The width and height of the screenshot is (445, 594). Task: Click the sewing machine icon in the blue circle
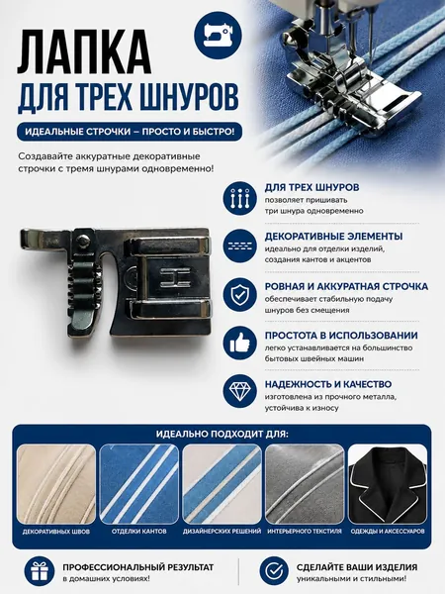tap(218, 36)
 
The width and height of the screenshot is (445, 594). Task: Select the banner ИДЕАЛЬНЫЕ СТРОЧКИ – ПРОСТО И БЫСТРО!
tap(130, 132)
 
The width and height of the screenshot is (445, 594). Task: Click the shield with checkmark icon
tap(239, 294)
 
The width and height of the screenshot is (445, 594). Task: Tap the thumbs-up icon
tap(239, 344)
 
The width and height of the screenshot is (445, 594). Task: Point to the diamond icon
tap(239, 391)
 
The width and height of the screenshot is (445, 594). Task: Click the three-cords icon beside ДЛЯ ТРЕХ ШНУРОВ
tap(239, 198)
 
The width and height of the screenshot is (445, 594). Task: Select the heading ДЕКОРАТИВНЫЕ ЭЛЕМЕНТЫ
tap(334, 237)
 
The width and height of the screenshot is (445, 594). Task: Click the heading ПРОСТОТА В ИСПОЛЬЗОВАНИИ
tap(341, 336)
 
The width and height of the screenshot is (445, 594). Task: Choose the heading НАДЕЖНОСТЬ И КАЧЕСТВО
tap(328, 384)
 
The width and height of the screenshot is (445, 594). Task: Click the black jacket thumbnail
tap(388, 484)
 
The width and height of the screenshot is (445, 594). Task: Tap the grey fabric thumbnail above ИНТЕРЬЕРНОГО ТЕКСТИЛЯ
tap(305, 484)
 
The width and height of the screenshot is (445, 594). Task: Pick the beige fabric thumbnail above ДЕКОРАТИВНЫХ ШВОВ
tap(56, 484)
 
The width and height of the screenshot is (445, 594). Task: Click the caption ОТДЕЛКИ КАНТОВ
tap(138, 532)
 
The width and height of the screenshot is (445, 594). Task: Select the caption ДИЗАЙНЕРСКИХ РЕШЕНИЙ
tap(222, 532)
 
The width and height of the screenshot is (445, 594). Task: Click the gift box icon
tap(40, 571)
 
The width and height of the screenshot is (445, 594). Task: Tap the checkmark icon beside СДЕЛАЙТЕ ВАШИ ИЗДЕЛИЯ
tap(274, 571)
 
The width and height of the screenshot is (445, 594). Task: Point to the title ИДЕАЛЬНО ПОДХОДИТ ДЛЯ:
tap(222, 434)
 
